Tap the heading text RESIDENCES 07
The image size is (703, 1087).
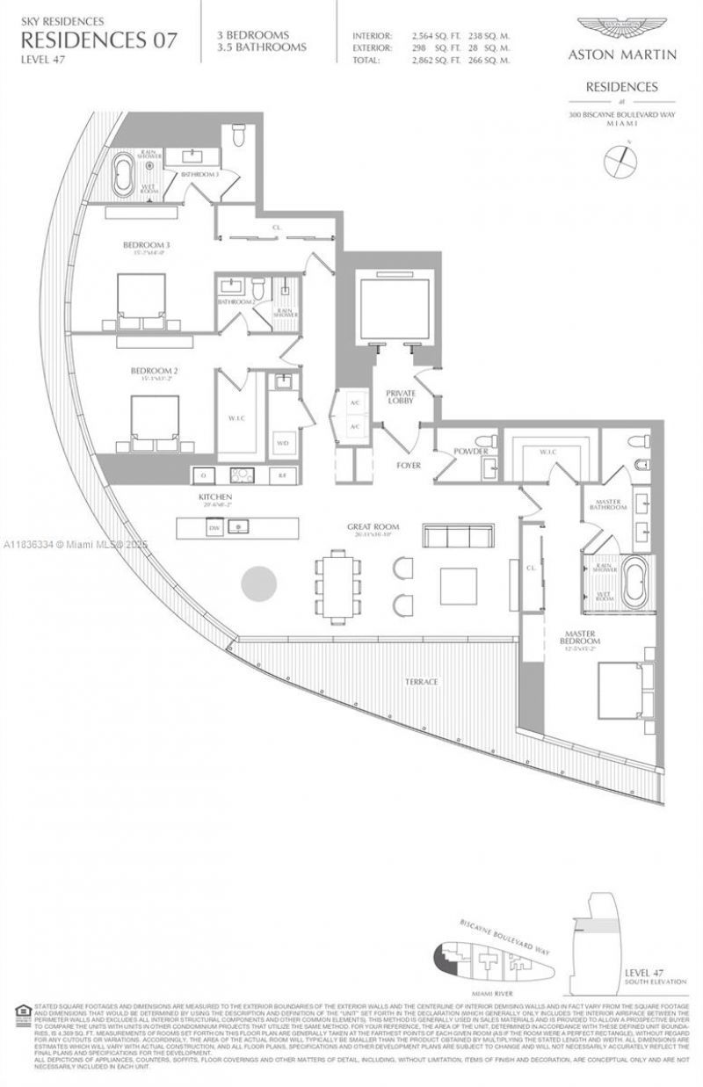coord(98,40)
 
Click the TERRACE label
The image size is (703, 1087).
coord(421,682)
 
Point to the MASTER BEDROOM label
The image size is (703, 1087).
coord(581,637)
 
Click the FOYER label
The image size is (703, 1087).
coord(409,465)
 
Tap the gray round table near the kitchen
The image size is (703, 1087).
coord(259,582)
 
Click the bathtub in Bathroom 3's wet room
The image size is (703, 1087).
coord(124,176)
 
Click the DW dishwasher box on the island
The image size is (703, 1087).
coord(213,527)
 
